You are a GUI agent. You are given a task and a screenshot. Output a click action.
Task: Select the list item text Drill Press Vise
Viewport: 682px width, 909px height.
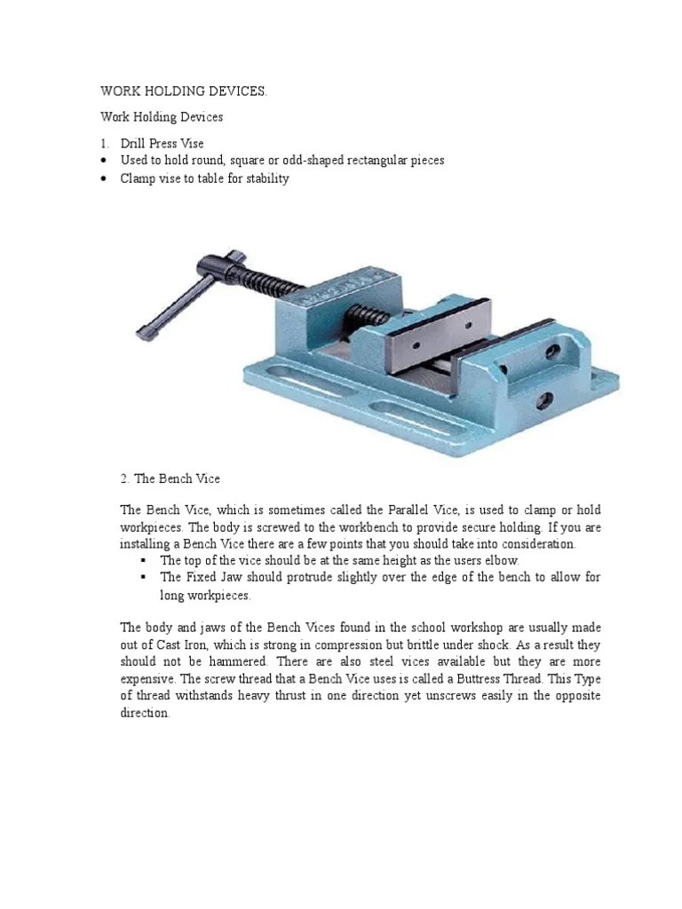click(x=163, y=143)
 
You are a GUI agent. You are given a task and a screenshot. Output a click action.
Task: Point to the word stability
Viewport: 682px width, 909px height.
click(x=263, y=178)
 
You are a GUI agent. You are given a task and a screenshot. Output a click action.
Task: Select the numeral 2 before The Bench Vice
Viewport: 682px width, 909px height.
click(x=123, y=479)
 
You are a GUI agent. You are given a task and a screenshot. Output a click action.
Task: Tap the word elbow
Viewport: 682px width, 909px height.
click(x=501, y=561)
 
